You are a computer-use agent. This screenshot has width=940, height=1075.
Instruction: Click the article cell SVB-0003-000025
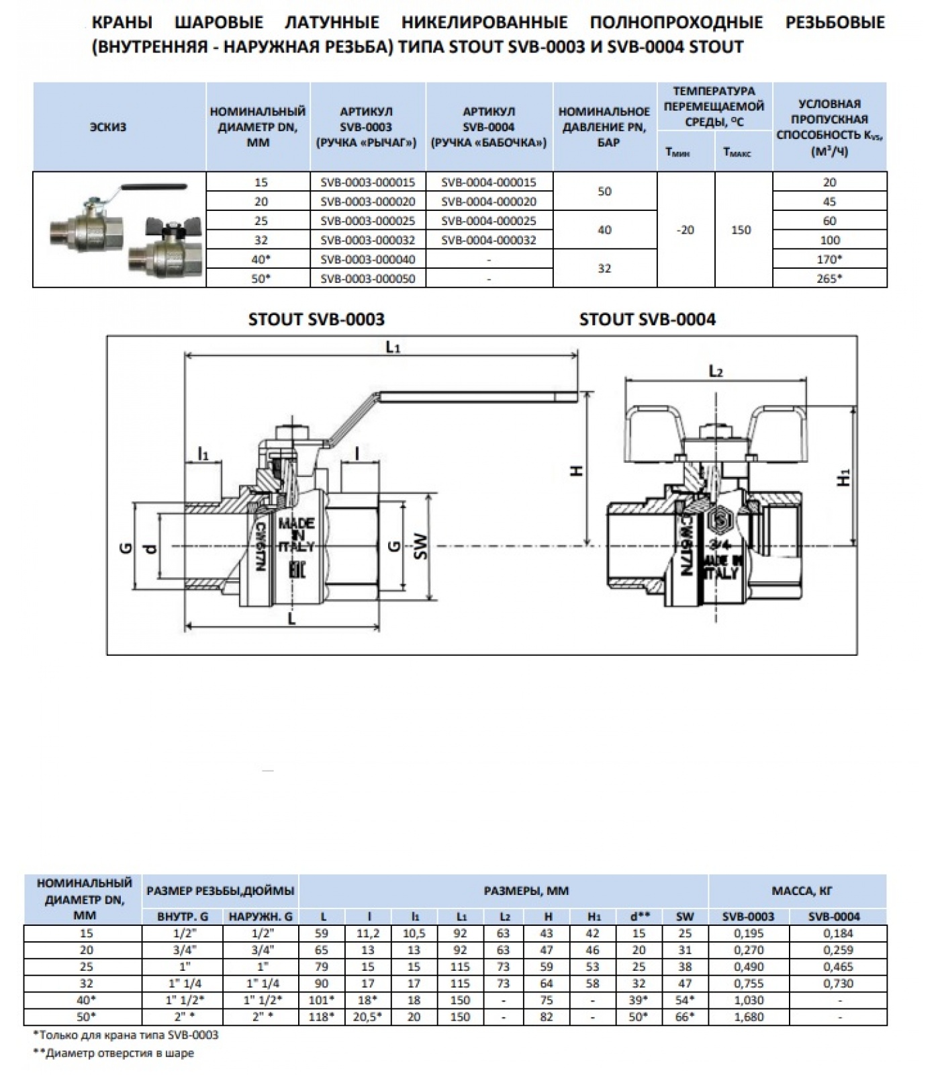click(368, 221)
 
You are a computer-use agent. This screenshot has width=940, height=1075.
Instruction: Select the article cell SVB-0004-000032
click(489, 240)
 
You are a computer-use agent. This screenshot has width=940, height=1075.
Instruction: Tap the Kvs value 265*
click(830, 278)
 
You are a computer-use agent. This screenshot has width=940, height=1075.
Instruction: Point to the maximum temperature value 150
click(741, 230)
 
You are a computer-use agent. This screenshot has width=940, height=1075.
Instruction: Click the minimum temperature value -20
click(686, 230)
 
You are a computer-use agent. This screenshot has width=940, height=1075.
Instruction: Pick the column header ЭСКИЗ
click(108, 127)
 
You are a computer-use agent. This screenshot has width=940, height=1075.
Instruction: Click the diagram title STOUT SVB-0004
click(647, 319)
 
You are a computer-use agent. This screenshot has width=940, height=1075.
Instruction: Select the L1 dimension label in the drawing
click(393, 347)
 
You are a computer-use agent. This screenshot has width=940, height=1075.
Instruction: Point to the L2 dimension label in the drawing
click(716, 372)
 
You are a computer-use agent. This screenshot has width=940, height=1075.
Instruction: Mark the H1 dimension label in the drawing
click(845, 477)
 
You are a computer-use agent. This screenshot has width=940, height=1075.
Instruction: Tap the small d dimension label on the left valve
click(152, 548)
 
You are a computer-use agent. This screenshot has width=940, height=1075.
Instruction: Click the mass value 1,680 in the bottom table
click(749, 1017)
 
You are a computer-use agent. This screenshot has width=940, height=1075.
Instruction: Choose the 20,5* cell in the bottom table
click(369, 1017)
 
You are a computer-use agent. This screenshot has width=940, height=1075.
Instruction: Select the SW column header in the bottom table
click(685, 916)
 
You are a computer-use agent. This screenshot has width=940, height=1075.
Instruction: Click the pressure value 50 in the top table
click(604, 191)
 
